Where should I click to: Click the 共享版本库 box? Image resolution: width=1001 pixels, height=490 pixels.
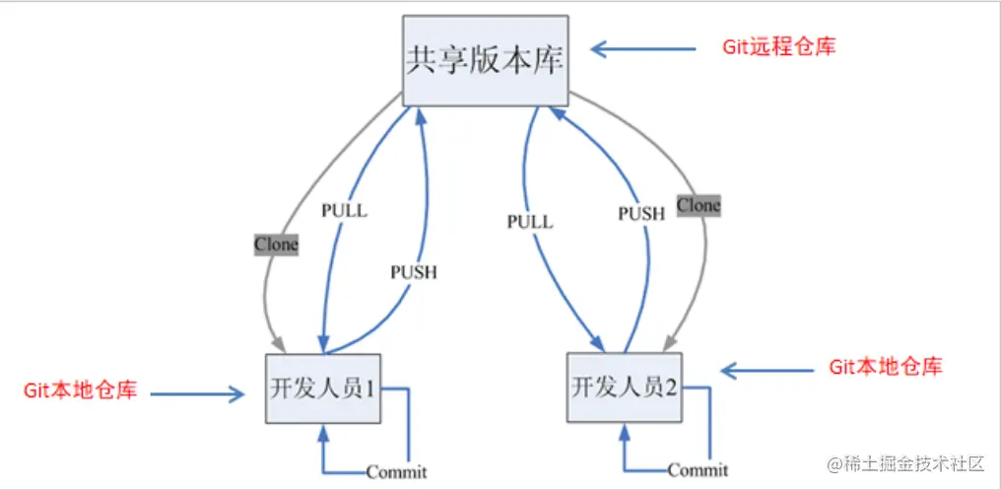[485, 61]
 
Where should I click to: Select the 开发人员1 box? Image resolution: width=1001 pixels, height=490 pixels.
[323, 387]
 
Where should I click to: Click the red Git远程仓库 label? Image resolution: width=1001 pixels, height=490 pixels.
[779, 46]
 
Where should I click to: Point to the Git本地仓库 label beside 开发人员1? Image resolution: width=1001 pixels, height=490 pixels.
[80, 391]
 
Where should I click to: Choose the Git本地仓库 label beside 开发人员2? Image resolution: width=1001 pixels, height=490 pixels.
[885, 367]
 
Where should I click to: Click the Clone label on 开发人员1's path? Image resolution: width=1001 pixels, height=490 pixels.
[276, 245]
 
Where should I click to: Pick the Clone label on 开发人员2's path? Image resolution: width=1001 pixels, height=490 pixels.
[699, 205]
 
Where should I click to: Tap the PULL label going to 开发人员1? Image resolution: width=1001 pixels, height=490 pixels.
[344, 210]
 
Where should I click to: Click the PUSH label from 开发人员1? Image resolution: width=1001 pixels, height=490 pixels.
[413, 272]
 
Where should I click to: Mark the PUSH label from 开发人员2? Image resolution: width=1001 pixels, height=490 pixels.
[641, 212]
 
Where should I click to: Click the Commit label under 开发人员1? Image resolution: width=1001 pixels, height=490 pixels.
[396, 471]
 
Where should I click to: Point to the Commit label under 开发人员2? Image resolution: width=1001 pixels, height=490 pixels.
[698, 469]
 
